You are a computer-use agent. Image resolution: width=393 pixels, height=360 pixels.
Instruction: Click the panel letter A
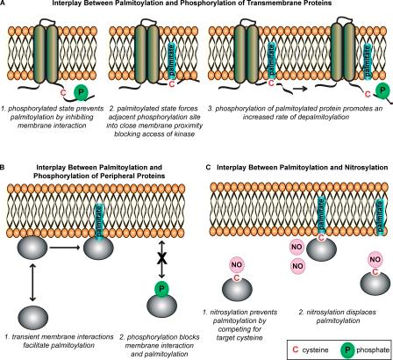point(4,5)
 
